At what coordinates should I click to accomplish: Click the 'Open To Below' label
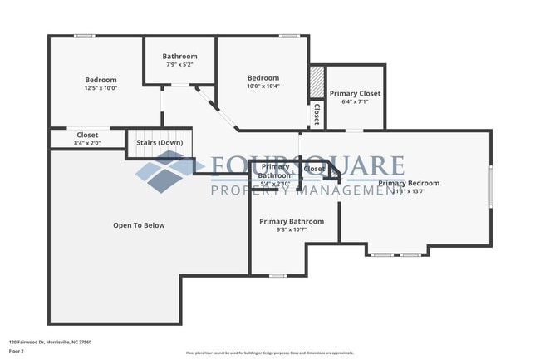tap(139, 225)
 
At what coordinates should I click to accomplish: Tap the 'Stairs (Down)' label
tap(160, 143)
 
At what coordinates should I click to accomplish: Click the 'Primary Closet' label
tap(355, 94)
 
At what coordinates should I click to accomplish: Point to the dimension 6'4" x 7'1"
tap(355, 103)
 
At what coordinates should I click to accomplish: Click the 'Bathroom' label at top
tap(179, 56)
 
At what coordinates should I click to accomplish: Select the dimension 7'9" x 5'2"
tap(179, 64)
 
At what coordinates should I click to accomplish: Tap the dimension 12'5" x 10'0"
tap(101, 88)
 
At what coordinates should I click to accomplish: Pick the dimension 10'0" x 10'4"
tap(263, 86)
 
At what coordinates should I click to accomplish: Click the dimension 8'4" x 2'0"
tap(87, 143)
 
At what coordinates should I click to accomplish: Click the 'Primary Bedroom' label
tap(409, 183)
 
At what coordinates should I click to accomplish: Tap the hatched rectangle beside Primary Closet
tap(316, 83)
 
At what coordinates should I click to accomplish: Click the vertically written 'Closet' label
tap(316, 114)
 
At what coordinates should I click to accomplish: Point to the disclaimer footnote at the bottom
tap(269, 353)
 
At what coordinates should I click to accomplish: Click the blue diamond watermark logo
tap(171, 171)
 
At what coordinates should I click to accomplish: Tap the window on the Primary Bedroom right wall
tap(490, 185)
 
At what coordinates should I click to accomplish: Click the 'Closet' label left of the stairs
tap(87, 135)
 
